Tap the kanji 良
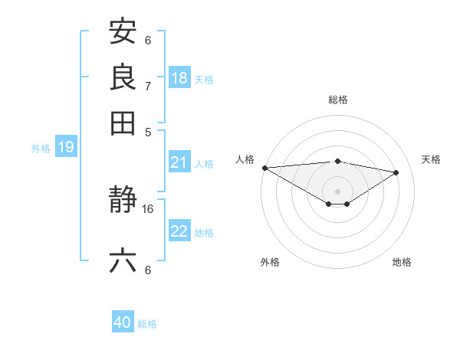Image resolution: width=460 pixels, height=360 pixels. click(123, 77)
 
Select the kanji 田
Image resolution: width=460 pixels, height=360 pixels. click(123, 122)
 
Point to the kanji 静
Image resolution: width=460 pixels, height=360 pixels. click(123, 201)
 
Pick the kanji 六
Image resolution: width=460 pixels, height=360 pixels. click(123, 261)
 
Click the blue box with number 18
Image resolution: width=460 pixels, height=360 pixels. click(179, 78)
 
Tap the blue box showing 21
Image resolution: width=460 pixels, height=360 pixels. click(179, 162)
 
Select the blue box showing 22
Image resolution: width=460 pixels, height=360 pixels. click(179, 232)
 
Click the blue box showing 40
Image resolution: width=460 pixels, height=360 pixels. click(123, 322)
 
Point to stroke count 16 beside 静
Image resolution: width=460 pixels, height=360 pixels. click(148, 208)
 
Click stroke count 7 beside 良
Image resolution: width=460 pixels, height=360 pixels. click(147, 85)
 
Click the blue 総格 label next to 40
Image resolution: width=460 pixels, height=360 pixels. click(147, 324)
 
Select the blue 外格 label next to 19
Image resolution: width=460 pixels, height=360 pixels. click(41, 149)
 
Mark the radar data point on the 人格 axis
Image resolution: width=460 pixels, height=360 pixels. click(264, 168)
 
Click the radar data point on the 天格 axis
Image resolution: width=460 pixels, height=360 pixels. click(396, 172)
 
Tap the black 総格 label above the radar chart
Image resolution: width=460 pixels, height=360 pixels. click(337, 100)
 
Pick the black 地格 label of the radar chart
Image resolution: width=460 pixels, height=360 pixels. click(402, 262)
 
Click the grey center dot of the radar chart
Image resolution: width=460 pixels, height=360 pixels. click(337, 191)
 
